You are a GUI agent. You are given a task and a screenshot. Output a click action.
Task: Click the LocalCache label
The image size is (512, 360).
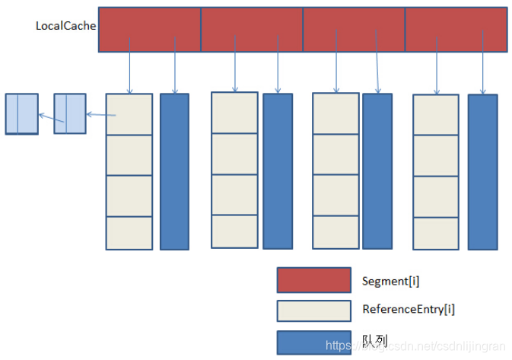pyautogui.click(x=65, y=26)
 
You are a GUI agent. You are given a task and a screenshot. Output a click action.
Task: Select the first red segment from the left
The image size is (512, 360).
pyautogui.click(x=149, y=30)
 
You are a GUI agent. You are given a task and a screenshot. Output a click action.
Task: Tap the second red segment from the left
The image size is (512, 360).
pyautogui.click(x=252, y=30)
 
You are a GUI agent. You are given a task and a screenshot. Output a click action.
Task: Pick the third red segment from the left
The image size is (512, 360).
pyautogui.click(x=354, y=30)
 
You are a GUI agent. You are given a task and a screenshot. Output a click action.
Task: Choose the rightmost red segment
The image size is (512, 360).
pyautogui.click(x=456, y=30)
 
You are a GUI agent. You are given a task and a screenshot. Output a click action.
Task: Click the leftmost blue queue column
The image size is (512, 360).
pyautogui.click(x=174, y=171)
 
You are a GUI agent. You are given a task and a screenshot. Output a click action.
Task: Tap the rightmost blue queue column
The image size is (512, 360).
pyautogui.click(x=482, y=171)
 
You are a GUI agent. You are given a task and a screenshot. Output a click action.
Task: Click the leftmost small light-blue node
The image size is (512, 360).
pyautogui.click(x=21, y=114)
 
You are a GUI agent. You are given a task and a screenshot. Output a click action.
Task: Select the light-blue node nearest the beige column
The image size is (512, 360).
pyautogui.click(x=70, y=114)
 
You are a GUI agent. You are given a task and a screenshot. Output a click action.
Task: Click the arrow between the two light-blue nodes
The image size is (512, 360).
pyautogui.click(x=46, y=116)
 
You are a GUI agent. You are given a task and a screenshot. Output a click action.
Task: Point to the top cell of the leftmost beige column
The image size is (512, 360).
pyautogui.click(x=129, y=114)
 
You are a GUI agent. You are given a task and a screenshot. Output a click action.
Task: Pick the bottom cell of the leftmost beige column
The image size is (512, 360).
pyautogui.click(x=129, y=233)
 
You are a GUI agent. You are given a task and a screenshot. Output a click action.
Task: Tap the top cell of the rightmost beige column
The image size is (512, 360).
pyautogui.click(x=436, y=115)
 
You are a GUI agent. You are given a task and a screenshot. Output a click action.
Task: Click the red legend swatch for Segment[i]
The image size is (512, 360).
pyautogui.click(x=313, y=280)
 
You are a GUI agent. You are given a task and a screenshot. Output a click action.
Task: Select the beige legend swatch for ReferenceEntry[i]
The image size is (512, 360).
pyautogui.click(x=313, y=311)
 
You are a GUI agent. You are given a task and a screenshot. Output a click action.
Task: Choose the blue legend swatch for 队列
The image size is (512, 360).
pyautogui.click(x=313, y=341)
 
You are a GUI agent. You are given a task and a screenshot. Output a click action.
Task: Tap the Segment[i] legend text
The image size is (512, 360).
pyautogui.click(x=390, y=281)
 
